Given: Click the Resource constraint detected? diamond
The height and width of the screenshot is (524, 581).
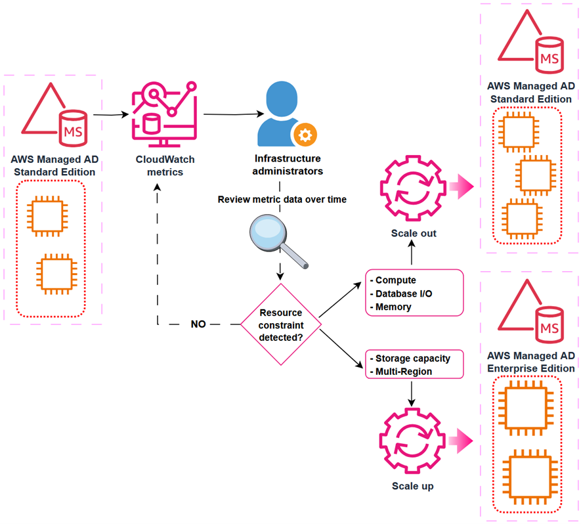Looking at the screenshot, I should coord(281,324).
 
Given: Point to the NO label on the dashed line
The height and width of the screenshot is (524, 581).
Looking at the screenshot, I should coord(198,324).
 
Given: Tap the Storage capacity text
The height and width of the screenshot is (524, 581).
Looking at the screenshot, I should coord(412,359).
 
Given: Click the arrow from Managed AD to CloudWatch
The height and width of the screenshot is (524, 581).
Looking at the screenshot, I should coord(109,115).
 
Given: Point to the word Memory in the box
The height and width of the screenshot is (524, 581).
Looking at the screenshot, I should coord(393,307).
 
